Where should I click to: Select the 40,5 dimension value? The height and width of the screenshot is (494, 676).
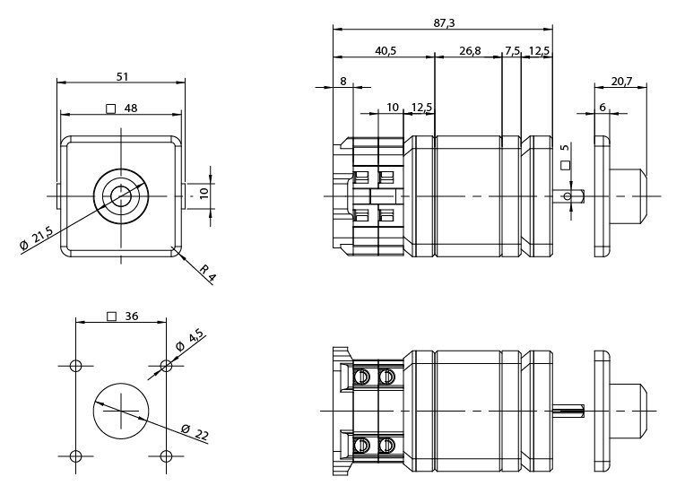click(x=386, y=51)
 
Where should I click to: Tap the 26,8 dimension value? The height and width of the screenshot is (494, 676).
click(x=470, y=51)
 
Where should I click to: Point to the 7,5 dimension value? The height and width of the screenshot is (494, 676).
click(x=512, y=51)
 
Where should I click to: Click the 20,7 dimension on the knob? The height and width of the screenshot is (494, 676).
click(x=621, y=81)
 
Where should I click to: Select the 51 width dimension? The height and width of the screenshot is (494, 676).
click(x=121, y=76)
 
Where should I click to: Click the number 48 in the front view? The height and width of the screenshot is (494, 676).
click(x=131, y=108)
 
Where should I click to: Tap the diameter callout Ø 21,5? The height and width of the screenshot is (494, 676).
click(x=37, y=239)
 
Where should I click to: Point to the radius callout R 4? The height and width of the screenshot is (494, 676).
click(x=207, y=272)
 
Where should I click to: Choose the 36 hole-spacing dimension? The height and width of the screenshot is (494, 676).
click(x=131, y=316)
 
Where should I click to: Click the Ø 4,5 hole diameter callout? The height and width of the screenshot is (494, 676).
click(x=190, y=342)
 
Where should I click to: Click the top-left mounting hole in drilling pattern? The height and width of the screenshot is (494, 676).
click(x=75, y=366)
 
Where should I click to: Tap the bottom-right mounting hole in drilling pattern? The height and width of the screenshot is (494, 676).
click(x=166, y=455)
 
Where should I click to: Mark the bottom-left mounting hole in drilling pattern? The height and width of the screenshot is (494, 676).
click(x=75, y=455)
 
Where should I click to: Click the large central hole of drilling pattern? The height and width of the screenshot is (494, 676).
click(x=120, y=411)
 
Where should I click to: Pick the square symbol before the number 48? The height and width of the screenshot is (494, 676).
click(x=111, y=109)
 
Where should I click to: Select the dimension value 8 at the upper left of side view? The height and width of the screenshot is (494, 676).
click(x=343, y=82)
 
